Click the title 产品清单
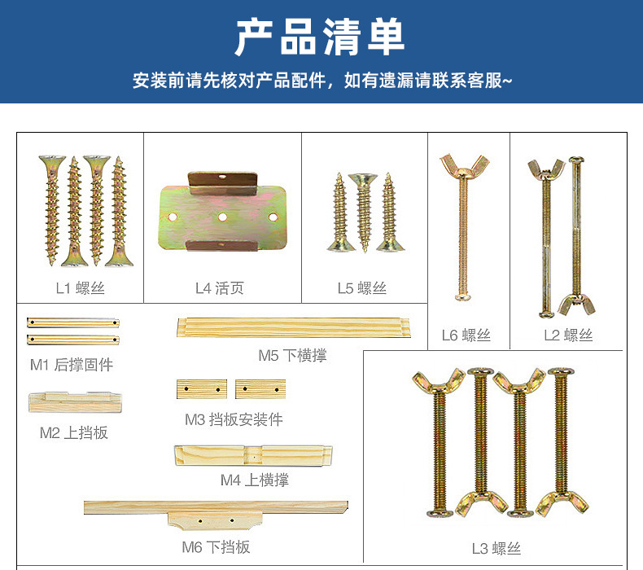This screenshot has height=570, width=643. click(320, 37)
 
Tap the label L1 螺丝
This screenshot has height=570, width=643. click(81, 288)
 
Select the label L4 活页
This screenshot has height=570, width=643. click(220, 288)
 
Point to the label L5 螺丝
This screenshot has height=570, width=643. click(362, 288)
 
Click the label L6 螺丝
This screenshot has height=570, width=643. click(466, 335)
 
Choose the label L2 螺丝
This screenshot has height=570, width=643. click(568, 335)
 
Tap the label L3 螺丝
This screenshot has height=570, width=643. click(496, 548)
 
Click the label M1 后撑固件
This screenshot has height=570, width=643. click(72, 365)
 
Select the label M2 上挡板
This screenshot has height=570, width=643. click(74, 432)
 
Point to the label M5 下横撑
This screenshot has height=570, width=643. click(293, 355)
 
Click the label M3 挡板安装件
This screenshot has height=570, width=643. click(234, 419)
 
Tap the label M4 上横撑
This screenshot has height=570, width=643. click(255, 480)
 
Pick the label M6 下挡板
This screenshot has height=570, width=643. click(217, 547)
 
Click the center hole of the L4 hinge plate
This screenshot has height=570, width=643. click(223, 217)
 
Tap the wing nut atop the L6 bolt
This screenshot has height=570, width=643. click(465, 165)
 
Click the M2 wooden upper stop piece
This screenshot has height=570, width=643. click(75, 402)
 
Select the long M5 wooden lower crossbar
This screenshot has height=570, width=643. click(294, 327)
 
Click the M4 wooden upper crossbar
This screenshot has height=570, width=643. click(253, 455)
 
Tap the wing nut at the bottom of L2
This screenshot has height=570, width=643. click(576, 304)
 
